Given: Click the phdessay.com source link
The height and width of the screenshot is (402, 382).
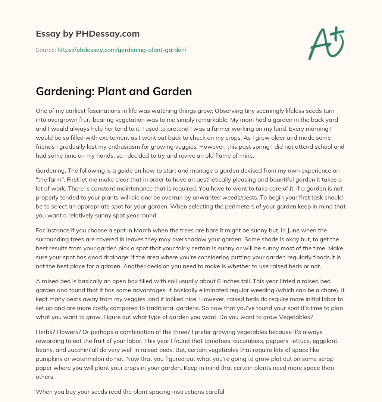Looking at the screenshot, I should (x=122, y=50).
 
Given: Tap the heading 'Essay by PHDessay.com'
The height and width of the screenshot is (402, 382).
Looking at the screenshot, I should (x=88, y=34).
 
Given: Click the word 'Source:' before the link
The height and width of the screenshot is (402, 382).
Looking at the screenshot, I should (x=46, y=50).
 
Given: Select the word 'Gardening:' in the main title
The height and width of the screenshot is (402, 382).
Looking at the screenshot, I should (x=65, y=91).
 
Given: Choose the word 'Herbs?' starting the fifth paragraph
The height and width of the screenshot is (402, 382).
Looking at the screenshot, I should (x=45, y=332).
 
